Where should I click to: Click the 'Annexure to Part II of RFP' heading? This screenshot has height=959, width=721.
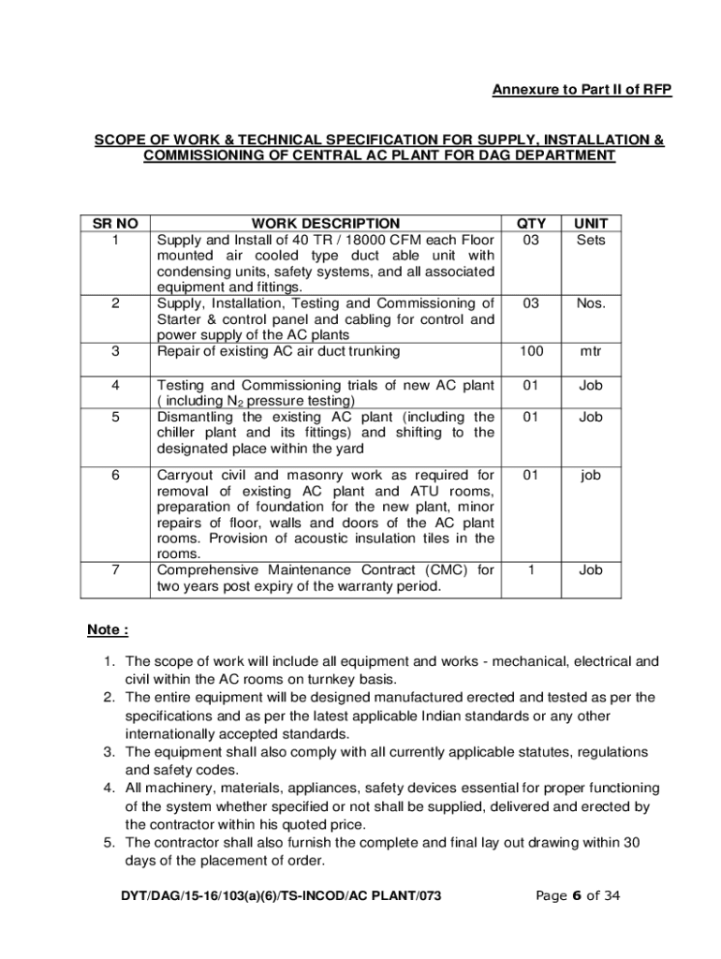pos(582,90)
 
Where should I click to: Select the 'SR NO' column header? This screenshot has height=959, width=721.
pos(114,224)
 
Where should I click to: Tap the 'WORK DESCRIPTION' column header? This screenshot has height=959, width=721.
pos(325,224)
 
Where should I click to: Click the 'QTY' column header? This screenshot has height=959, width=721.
pos(531,224)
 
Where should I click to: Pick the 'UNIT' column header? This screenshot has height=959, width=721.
pos(590,224)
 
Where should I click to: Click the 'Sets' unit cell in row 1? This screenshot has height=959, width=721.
pos(590,240)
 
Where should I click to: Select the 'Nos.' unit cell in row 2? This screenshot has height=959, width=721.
pos(590,303)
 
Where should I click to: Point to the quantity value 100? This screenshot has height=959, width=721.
pos(531,352)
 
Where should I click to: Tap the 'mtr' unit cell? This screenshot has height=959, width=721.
pos(590,352)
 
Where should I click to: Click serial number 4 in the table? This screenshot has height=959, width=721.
pos(114,385)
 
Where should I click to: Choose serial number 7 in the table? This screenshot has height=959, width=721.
pos(114,569)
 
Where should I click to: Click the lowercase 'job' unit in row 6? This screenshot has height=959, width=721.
pos(590,475)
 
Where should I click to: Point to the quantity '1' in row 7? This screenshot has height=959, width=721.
pos(531,569)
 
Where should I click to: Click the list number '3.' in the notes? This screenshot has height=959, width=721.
pos(110,752)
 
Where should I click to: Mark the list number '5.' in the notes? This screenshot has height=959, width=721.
pos(110,843)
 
